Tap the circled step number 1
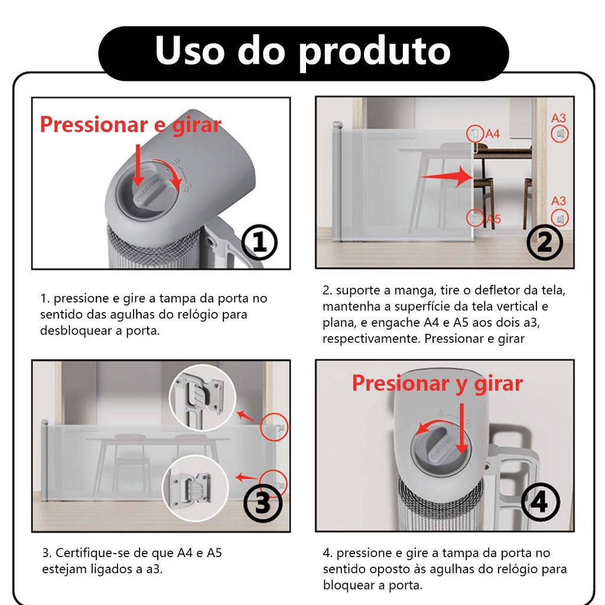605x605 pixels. coord(259,242)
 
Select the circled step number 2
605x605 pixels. coord(544,242)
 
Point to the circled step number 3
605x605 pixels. coord(263,503)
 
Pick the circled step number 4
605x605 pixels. coord(540,502)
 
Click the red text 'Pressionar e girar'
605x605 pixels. coord(131,125)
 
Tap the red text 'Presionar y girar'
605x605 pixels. coord(437,384)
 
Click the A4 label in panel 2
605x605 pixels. coord(492,134)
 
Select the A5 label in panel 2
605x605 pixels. coord(493,219)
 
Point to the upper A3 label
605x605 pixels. coord(558,118)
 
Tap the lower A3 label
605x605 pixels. coord(558,201)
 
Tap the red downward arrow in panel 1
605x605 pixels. coord(138,164)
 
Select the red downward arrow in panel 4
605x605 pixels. coord(461,428)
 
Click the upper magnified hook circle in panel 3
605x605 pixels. coord(203,398)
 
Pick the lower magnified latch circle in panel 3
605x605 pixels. coord(195,489)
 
